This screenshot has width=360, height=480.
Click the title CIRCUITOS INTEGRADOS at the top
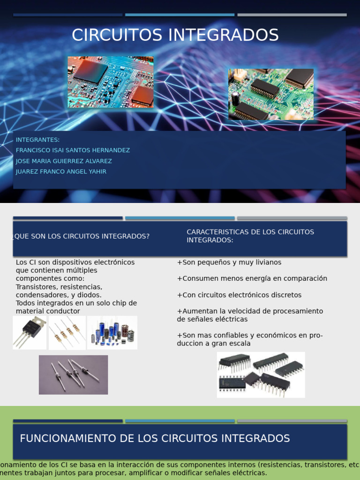click(175, 35)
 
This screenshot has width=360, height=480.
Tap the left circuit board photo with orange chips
click(110, 82)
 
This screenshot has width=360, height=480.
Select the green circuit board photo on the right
click(270, 94)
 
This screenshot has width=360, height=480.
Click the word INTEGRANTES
click(37, 140)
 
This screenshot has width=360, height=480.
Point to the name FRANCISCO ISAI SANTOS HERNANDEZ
click(73, 150)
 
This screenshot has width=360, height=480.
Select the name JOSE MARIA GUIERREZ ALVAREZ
click(64, 161)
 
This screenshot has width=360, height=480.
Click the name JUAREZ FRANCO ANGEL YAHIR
click(61, 172)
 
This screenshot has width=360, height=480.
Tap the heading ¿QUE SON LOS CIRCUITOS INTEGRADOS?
click(82, 236)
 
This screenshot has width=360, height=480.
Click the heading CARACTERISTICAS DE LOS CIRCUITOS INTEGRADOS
click(250, 236)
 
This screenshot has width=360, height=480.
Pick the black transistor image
click(30, 332)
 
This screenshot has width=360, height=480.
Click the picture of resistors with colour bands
click(67, 332)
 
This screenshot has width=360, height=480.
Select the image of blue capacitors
click(112, 332)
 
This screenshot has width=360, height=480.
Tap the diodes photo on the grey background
click(73, 375)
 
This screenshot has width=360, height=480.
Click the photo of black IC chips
click(261, 375)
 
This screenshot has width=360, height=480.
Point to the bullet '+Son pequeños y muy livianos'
click(229, 262)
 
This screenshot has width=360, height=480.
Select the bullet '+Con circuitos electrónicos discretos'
click(239, 295)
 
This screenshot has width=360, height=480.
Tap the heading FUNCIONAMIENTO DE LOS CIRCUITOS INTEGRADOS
click(155, 439)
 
